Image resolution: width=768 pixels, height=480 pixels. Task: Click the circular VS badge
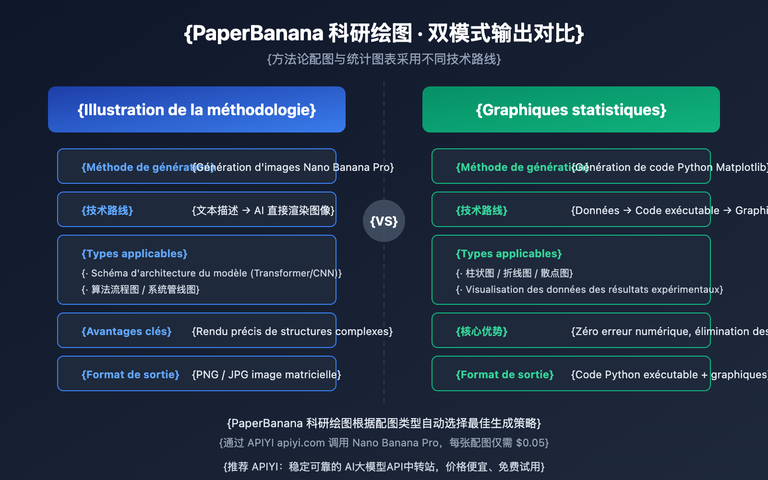click(384, 221)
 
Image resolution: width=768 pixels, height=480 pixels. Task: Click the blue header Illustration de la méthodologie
click(197, 110)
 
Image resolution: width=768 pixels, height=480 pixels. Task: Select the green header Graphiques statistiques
click(571, 110)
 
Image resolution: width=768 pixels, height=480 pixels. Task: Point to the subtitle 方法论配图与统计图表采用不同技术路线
click(384, 59)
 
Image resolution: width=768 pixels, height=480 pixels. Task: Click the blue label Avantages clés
click(127, 331)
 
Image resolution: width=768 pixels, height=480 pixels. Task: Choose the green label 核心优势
click(481, 331)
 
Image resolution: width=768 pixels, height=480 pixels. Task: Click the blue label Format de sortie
click(131, 374)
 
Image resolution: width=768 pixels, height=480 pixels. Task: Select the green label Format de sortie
click(505, 374)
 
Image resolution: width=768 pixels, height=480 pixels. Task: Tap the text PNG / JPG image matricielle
click(266, 374)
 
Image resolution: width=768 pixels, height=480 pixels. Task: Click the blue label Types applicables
click(134, 253)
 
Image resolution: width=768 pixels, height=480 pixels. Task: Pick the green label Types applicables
click(509, 253)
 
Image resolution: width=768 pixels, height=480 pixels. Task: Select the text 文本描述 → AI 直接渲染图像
click(263, 210)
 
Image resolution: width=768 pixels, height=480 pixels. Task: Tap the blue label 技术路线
click(107, 210)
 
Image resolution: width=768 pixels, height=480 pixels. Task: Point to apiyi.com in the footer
click(301, 443)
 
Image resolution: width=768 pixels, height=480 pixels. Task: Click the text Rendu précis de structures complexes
click(292, 331)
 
